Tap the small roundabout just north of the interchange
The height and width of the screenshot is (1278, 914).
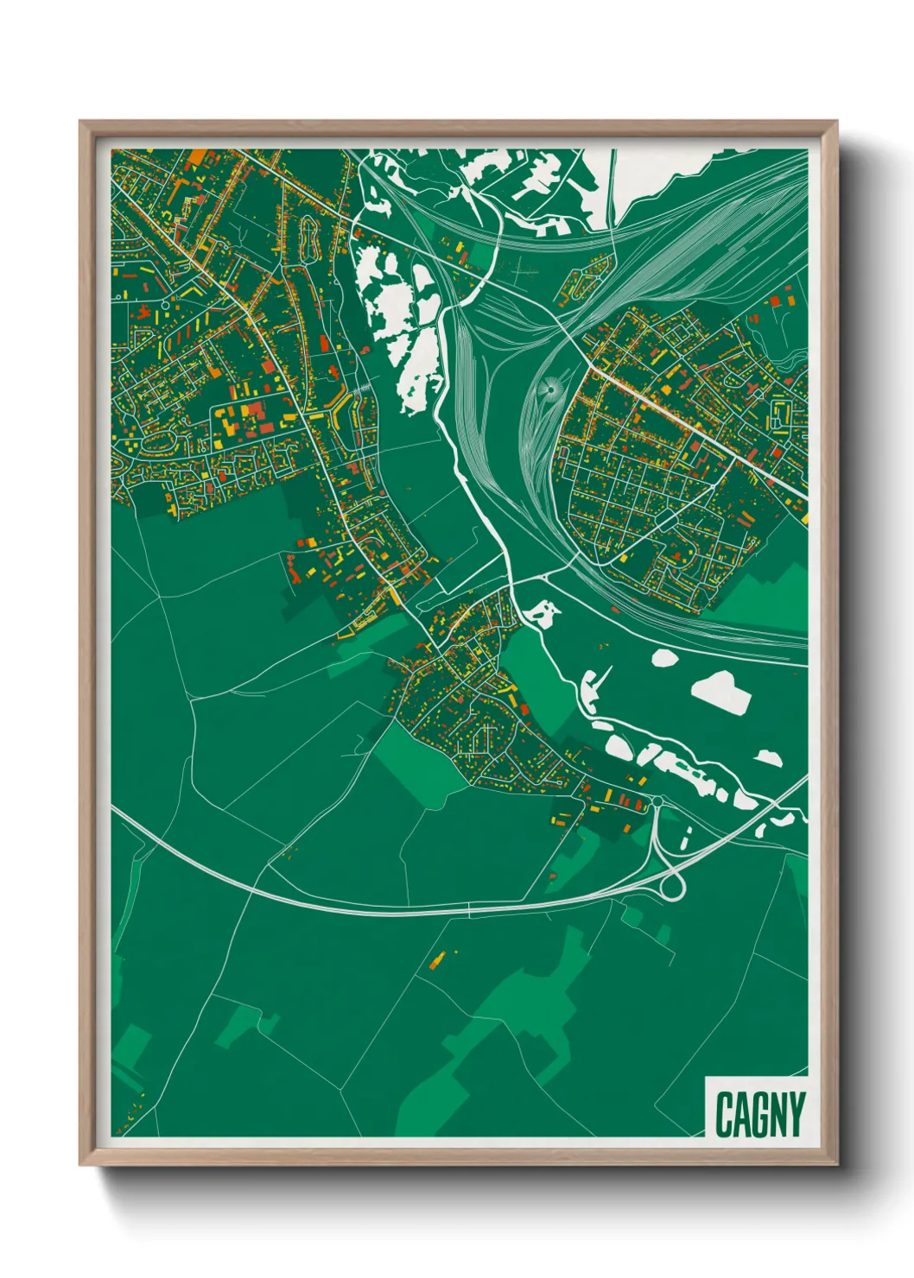point(657,802)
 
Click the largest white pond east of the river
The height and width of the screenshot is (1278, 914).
point(722,691)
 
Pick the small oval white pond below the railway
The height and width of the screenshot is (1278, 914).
point(663,658)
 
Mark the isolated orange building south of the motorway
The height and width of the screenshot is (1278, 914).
point(439,958)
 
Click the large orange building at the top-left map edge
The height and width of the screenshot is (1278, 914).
point(197,157)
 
